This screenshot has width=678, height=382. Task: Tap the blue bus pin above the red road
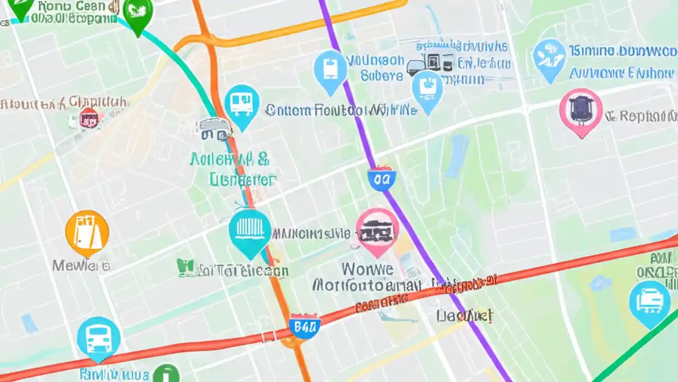(99, 337)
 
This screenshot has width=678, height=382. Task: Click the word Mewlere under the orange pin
(81, 265)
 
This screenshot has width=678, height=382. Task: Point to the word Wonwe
(368, 268)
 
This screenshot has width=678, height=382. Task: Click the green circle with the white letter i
(166, 374)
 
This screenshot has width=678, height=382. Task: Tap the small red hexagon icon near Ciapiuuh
(88, 117)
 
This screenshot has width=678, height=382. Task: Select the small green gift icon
(185, 268)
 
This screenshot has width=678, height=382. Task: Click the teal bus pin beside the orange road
(242, 105)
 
